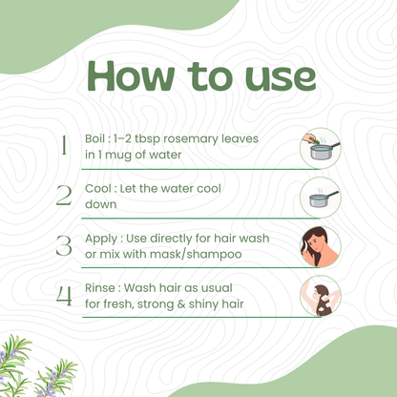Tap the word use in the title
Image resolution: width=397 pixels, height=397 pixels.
[x=281, y=78]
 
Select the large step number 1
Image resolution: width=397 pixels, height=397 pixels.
[x=64, y=145]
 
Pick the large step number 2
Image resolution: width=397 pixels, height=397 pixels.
[x=64, y=195]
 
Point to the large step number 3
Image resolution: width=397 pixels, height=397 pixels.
[x=64, y=245]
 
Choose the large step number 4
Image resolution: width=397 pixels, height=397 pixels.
[x=64, y=295]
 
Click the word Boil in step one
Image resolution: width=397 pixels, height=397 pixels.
[x=94, y=138]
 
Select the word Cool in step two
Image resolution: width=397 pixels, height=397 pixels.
[x=98, y=189]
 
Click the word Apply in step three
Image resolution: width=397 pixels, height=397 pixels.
[x=101, y=239]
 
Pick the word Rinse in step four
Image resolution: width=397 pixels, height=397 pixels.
[x=101, y=288]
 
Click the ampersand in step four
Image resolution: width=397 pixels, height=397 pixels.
[x=181, y=304]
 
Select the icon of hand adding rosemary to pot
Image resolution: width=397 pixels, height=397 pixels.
[x=321, y=148]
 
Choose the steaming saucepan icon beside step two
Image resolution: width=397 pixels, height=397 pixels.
[x=321, y=198]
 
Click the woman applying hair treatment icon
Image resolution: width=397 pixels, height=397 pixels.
[x=321, y=247]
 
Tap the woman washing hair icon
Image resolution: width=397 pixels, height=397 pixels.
[x=321, y=296]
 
